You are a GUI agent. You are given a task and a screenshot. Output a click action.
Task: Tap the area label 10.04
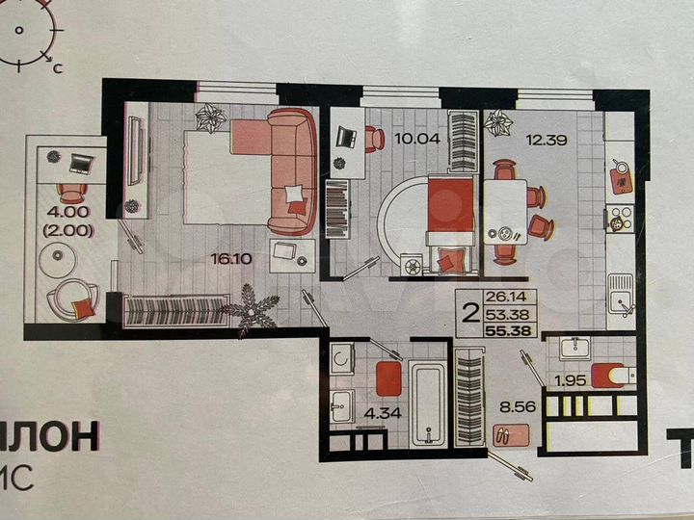[x=415, y=138]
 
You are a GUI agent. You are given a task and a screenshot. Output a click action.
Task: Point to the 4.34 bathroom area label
[x=370, y=419]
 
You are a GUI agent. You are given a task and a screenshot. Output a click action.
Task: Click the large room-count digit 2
[x=471, y=313]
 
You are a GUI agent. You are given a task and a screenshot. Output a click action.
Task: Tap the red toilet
[x=607, y=373]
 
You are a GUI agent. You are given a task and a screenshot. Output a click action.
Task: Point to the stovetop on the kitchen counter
[x=621, y=219]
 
